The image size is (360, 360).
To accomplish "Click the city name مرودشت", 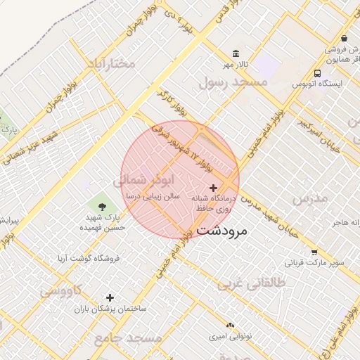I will [x=222, y=230].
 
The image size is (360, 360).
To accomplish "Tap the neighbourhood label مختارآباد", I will [x=110, y=64].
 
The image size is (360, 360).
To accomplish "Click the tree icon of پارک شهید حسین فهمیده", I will [x=103, y=206].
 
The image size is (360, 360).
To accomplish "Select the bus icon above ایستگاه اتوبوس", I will [x=318, y=72].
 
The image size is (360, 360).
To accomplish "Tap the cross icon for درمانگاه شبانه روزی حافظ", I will [x=214, y=188].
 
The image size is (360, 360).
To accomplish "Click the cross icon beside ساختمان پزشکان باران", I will [x=110, y=297].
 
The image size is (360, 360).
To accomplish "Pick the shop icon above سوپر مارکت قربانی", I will [x=314, y=252].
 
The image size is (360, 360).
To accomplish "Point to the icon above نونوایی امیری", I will [x=230, y=324].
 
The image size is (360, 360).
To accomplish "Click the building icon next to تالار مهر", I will [x=235, y=54].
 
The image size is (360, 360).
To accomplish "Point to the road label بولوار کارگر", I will [x=172, y=103].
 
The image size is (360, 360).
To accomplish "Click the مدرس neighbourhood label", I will [x=310, y=198].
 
